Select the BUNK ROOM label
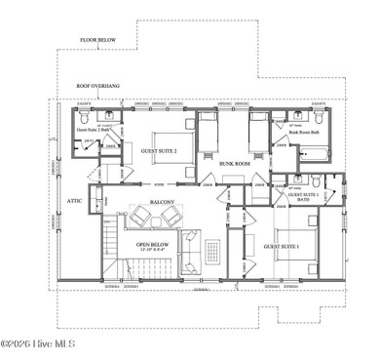[x=236, y=163]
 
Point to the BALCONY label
[x=162, y=202]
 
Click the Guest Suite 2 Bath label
[x=95, y=130]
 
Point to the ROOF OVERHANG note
[x=96, y=86]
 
